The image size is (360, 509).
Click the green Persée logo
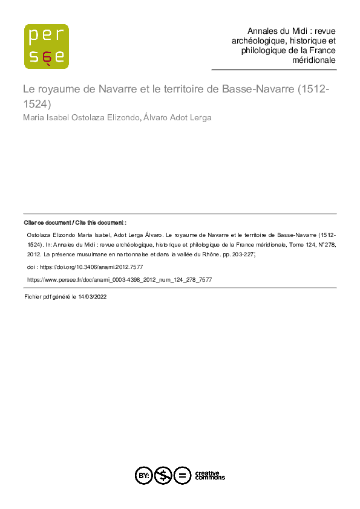click(46, 46)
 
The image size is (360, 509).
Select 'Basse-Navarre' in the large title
click(254, 89)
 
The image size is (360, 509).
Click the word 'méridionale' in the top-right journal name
click(314, 60)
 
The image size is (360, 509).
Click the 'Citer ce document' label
click(47, 223)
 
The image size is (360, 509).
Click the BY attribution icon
click(143, 476)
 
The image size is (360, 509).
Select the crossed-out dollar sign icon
click(162, 476)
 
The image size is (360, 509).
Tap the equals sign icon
click(182, 476)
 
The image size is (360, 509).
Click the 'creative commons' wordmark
click(209, 476)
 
